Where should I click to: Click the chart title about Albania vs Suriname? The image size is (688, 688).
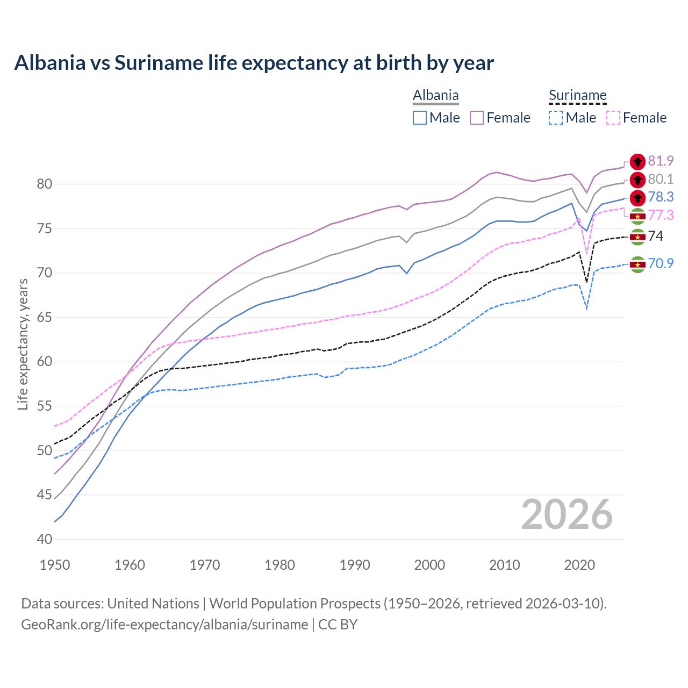coord(254,63)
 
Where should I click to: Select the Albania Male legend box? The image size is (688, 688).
coord(420,118)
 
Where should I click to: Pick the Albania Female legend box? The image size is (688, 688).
coord(477,118)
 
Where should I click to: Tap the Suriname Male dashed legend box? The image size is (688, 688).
coord(556,118)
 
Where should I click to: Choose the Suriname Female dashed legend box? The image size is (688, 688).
coord(613,118)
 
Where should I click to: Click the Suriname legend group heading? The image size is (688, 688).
coord(577,96)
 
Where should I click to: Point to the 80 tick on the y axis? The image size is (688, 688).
coord(44,184)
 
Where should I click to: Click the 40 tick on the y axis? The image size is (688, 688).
coord(44,539)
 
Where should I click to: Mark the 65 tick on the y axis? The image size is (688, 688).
coord(44,317)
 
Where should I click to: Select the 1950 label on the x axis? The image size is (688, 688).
coord(55,565)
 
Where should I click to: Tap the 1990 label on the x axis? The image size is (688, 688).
coord(355,565)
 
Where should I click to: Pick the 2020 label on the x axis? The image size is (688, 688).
coord(579,565)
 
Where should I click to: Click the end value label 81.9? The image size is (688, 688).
coord(661,161)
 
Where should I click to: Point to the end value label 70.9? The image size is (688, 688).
coord(661,263)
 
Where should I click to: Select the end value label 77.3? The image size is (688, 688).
coord(661,215)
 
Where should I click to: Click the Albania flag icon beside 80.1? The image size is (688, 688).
coord(637,180)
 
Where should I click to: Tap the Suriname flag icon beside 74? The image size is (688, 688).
coord(637,236)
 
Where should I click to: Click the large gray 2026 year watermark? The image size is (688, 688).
coord(567,514)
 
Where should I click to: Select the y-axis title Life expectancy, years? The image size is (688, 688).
coord(23,344)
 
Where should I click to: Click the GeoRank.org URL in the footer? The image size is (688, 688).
coord(164,625)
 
